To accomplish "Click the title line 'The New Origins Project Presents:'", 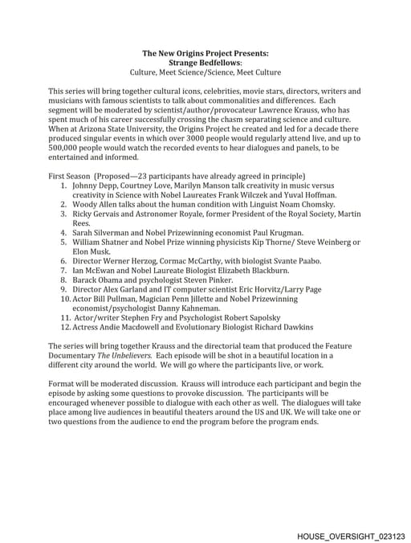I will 205,53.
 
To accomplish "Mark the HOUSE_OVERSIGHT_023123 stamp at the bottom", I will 350,534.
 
